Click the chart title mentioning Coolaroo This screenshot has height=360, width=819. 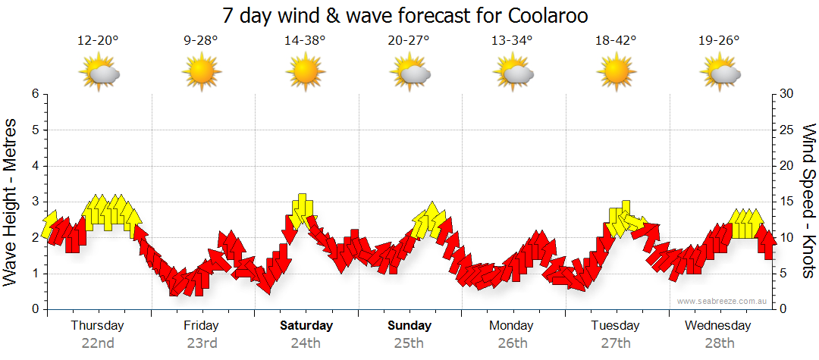coord(406,16)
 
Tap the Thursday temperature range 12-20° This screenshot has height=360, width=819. coord(99,41)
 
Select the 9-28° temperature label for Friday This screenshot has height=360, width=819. coord(201,41)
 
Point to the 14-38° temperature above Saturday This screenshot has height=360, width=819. coord(305,41)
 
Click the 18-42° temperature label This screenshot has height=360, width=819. coord(615,41)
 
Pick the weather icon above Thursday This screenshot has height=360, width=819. coord(99,73)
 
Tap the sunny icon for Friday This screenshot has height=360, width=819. coord(201,73)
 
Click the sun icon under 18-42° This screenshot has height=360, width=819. coord(615,73)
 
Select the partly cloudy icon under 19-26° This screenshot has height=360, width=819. coord(720,73)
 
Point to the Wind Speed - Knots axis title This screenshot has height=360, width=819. coord(808,202)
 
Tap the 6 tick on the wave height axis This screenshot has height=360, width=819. coord(34,94)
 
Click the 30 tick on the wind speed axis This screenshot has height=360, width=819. coord(787,94)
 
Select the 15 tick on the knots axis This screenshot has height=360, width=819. coord(787,202)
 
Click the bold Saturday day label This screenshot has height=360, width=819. coord(306,326)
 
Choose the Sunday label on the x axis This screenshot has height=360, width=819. coord(409,326)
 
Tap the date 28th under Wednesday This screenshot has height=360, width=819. coord(719,343)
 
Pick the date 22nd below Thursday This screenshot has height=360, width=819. coord(98,343)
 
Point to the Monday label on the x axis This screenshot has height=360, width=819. coord(511,326)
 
